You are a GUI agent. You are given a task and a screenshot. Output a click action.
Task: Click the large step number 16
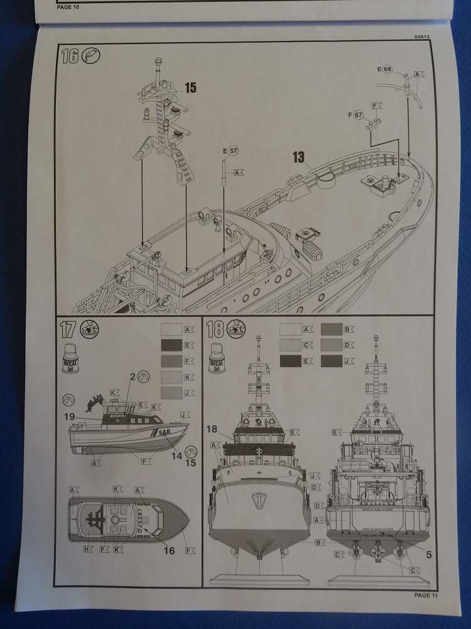(70, 57)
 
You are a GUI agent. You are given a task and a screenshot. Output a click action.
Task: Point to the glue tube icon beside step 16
(91, 56)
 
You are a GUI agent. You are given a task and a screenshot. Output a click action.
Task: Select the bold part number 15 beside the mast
(190, 88)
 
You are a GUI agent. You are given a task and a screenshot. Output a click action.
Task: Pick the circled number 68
(387, 69)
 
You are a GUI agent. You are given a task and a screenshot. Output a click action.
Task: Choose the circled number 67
(359, 115)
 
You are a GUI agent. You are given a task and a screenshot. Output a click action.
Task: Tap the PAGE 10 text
(69, 7)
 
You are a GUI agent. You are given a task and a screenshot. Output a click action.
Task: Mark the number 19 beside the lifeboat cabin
(69, 416)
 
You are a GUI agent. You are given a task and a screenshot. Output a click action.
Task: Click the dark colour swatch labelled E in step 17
(171, 345)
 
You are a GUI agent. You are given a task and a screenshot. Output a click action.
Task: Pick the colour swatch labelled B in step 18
(331, 328)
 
